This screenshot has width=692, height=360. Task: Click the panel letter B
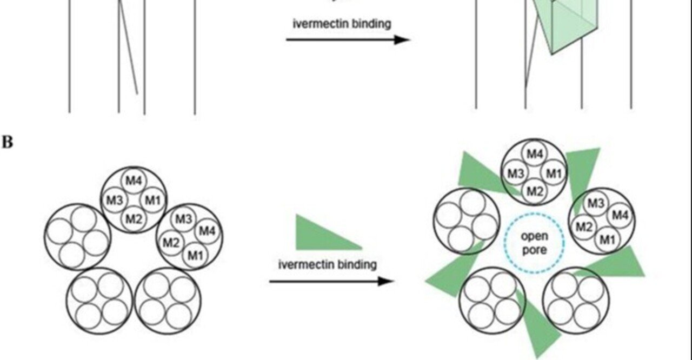(8, 142)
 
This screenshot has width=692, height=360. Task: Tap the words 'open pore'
(534, 243)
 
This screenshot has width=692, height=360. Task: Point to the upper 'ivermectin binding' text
(342, 23)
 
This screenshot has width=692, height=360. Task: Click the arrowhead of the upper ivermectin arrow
(402, 39)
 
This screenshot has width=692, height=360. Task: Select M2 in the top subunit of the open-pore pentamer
(534, 190)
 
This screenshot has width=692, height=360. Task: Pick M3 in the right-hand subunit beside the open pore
(595, 204)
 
